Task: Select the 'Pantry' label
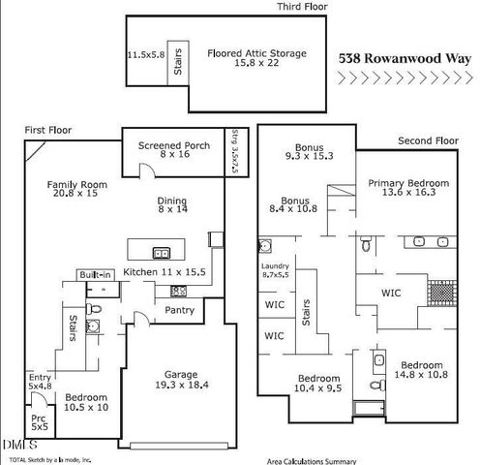tap(179, 310)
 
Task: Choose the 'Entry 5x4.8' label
tap(40, 382)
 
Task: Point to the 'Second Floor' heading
tap(427, 141)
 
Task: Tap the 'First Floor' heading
tap(48, 130)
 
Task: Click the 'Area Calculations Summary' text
tap(312, 461)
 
